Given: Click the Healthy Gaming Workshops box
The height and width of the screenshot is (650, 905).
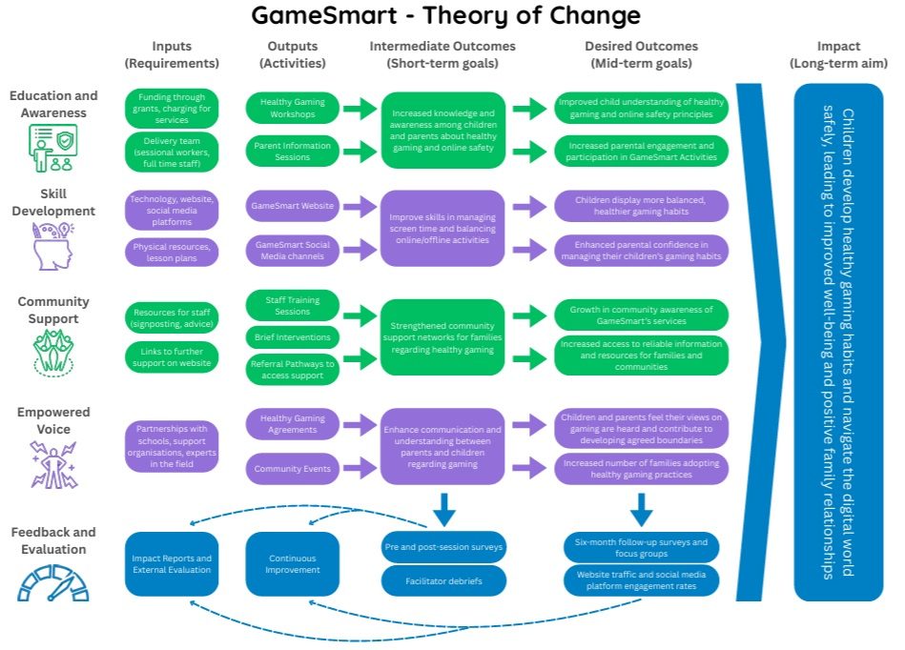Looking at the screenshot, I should pos(292,109).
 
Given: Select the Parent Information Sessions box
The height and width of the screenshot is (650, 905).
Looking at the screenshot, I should pos(292,152).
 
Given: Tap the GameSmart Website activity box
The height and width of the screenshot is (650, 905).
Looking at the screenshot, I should pos(292,205).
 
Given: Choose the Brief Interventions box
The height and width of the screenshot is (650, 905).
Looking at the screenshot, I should pos(292,336).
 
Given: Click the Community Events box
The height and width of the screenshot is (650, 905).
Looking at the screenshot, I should pos(292,468).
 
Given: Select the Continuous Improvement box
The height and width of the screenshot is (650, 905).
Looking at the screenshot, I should pos(292,563).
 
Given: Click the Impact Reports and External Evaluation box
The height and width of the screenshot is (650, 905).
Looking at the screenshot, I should pos(172,563).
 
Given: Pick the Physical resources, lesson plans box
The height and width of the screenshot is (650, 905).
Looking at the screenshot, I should pos(172,252).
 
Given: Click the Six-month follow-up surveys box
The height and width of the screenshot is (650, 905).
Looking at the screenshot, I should pos(641,547).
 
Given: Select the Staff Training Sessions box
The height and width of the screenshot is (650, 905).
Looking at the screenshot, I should pos(292,305).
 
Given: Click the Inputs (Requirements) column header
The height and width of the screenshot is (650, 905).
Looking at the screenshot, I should pos(172,54).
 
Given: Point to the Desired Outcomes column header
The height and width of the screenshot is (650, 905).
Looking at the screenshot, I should pos(641,54).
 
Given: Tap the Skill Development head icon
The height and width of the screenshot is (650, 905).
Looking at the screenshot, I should pos(53,246).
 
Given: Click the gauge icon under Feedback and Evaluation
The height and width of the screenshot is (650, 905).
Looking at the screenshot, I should pos(53,582).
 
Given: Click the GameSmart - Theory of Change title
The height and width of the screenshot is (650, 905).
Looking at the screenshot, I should pos(446,16).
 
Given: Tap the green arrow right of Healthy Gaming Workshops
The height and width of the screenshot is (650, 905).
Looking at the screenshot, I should pos(359,109).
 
